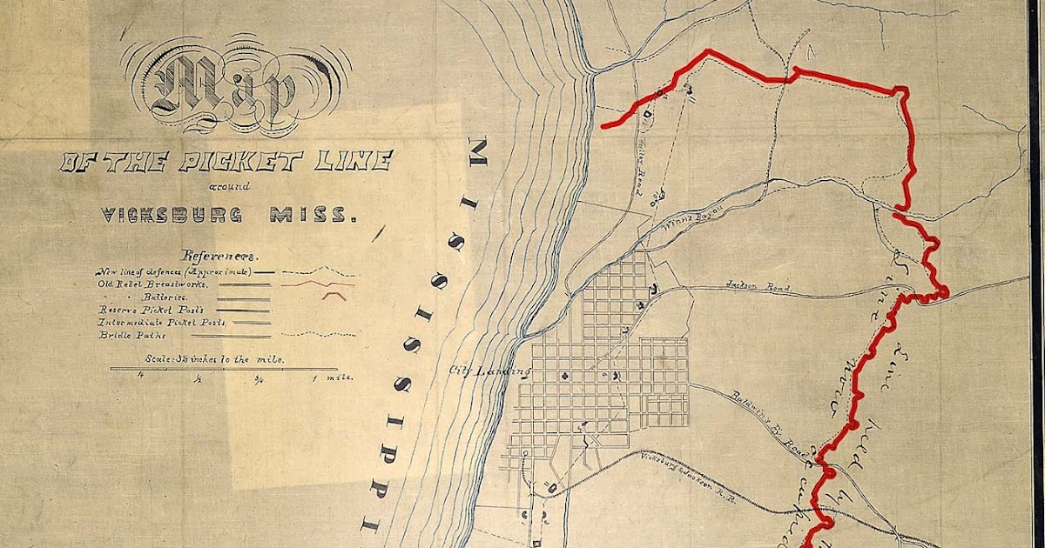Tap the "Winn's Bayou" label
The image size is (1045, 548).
pos(690,228)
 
